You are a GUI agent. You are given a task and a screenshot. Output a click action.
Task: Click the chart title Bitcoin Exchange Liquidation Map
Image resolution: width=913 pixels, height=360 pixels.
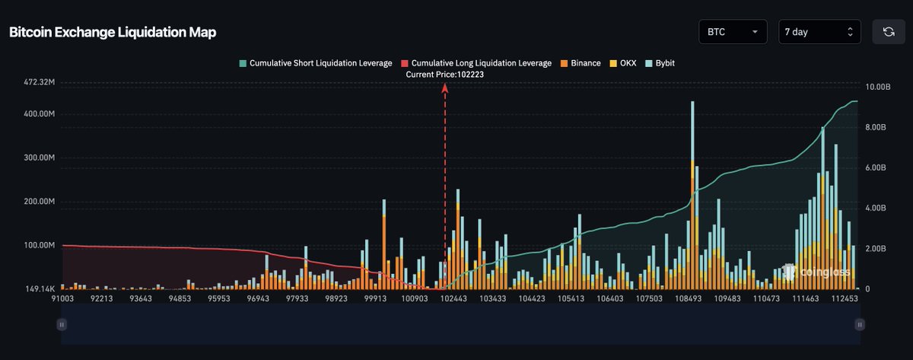tap(113, 33)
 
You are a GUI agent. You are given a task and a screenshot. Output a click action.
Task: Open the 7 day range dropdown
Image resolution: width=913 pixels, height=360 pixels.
tap(819, 32)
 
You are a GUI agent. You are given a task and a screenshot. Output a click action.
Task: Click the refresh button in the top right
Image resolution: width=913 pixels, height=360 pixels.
tap(888, 32)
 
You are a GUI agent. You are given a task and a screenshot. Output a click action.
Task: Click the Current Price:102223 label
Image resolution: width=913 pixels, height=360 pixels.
tap(445, 75)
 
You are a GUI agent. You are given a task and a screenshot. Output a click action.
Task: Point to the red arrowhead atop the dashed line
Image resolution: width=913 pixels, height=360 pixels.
tap(445, 88)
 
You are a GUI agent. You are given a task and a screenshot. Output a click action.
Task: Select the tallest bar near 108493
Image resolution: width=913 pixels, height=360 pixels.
tap(692, 190)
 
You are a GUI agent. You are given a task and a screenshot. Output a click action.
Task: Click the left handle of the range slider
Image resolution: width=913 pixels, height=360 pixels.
tap(62, 324)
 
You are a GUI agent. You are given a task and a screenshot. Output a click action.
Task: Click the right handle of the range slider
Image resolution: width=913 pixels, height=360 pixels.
tap(860, 324)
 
